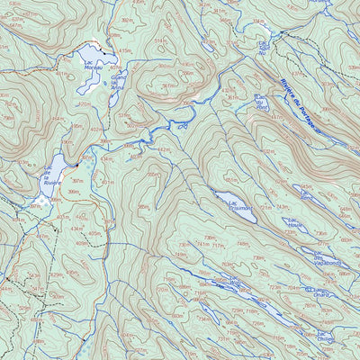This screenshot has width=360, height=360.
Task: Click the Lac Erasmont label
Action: pos(241,207)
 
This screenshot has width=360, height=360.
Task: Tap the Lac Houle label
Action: pos(297,226)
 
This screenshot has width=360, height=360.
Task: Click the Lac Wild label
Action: pos(235,283)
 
